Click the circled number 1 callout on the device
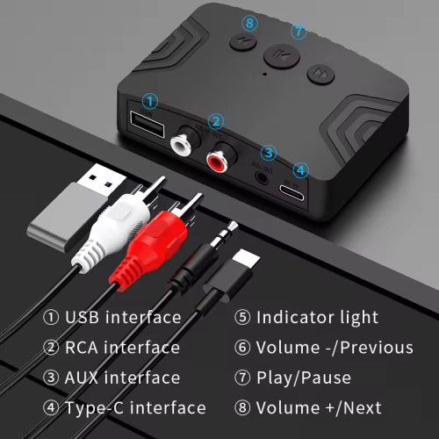click(151, 102)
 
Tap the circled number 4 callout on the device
click(301, 169)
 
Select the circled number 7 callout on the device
click(299, 32)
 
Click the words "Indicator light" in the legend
click(317, 317)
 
